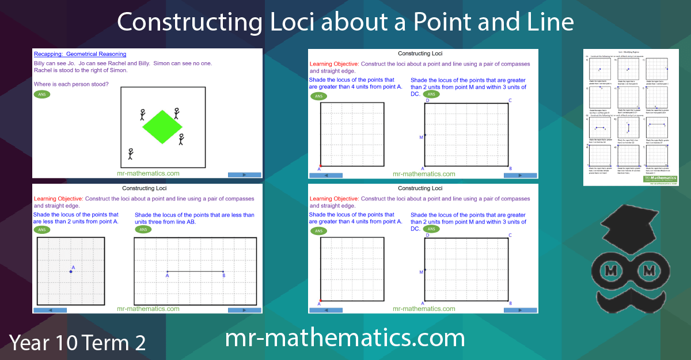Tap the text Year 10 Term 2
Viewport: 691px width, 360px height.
coord(77,342)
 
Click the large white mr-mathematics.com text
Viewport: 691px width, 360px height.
coord(344,338)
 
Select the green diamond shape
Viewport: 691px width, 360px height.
coord(162,127)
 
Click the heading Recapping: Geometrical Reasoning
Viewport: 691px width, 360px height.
coord(80,54)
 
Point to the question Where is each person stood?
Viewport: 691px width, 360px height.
coord(71,84)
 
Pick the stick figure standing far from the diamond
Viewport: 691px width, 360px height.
coord(131,154)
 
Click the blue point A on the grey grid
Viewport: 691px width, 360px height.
coord(71,271)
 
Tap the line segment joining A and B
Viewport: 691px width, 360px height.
coord(195,271)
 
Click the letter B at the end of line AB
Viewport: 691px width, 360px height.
coord(224,276)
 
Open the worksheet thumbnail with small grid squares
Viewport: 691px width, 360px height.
coord(631,118)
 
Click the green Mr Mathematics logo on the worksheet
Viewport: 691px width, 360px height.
coord(659,179)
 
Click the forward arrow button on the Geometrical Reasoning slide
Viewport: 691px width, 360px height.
coord(244,175)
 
